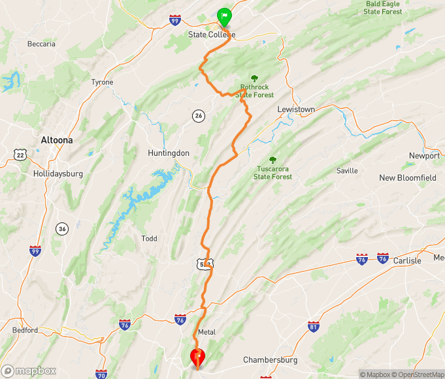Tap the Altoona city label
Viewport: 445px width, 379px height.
pos(57,140)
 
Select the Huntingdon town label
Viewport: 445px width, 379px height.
pos(168,153)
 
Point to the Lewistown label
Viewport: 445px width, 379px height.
pos(296,109)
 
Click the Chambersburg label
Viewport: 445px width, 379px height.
pos(270,360)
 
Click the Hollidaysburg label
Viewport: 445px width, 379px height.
pos(59,174)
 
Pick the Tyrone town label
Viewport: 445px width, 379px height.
pos(102,82)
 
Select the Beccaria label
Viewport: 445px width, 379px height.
pos(41,44)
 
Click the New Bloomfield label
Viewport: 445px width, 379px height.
pos(407,178)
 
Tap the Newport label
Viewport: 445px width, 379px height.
pos(424,156)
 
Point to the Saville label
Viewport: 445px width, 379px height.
pos(347,171)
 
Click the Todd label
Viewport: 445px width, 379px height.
pos(149,239)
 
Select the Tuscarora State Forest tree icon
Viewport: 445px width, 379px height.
pos(272,160)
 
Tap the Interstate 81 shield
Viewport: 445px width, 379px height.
pos(314,326)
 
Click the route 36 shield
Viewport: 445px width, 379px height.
pos(62,228)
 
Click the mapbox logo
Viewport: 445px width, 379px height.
pos(30,371)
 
